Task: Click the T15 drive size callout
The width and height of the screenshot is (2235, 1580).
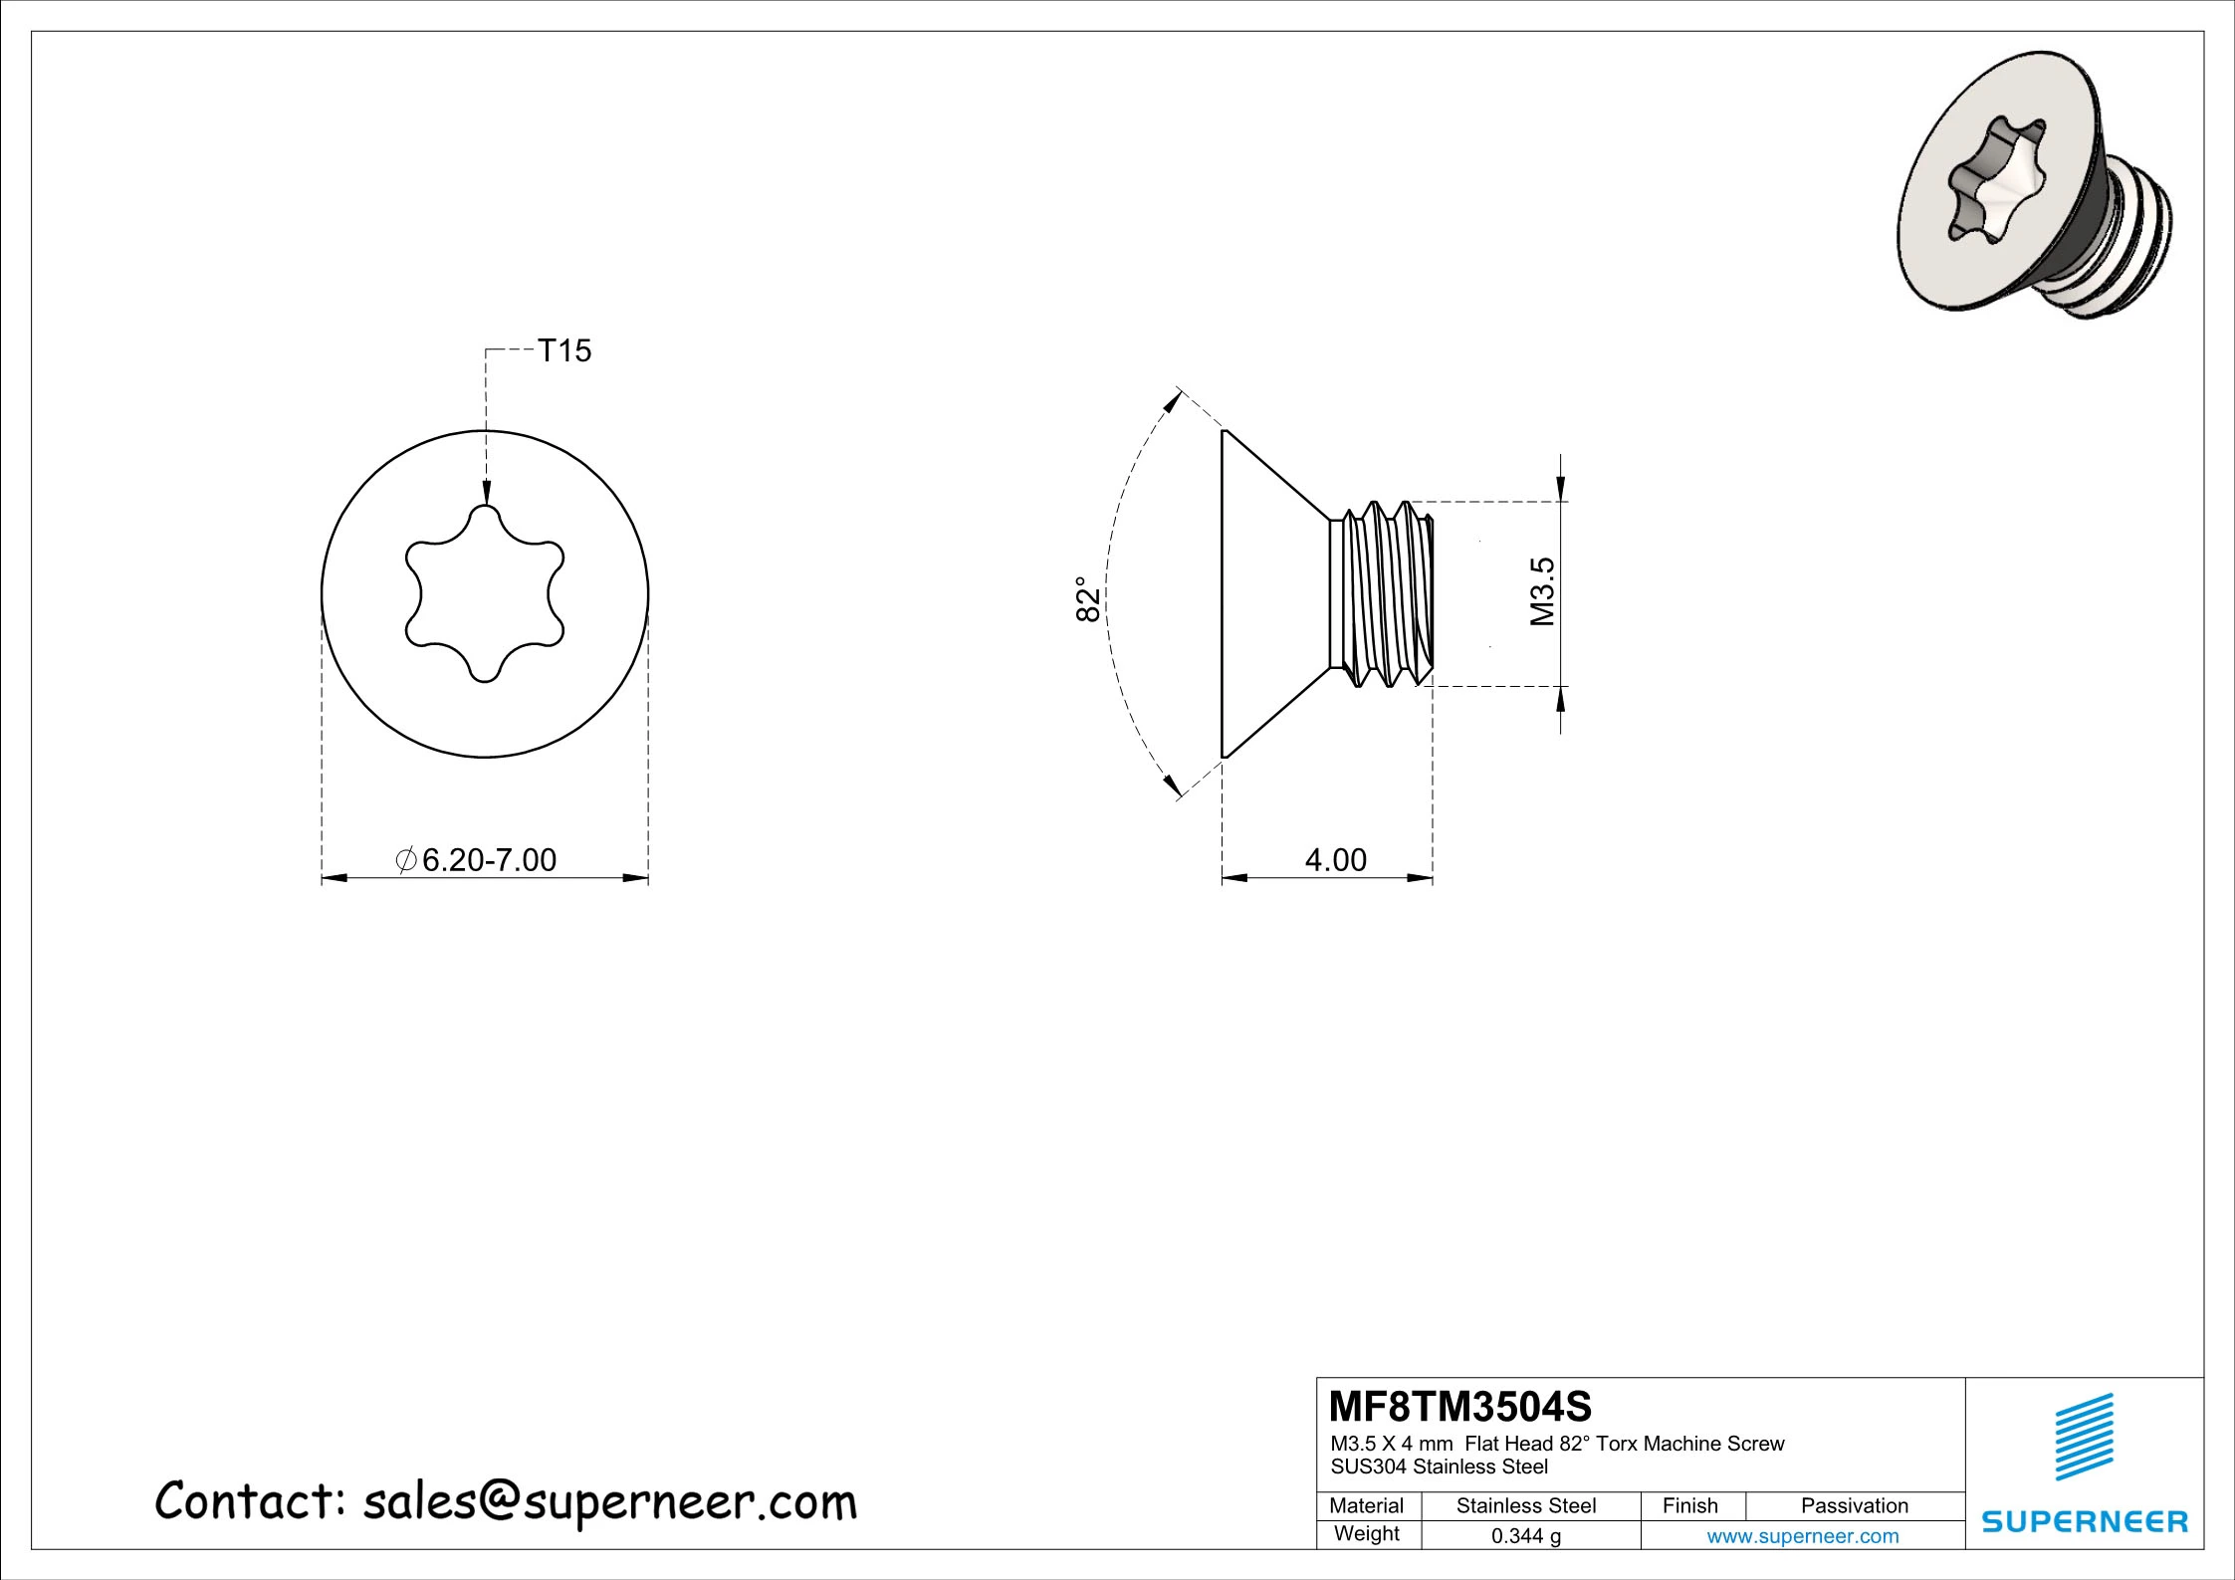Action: [x=563, y=350]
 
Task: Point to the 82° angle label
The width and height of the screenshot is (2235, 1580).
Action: [x=1088, y=598]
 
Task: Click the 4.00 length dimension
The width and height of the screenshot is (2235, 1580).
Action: [x=1335, y=859]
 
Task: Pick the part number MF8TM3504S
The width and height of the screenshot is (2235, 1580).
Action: [x=1460, y=1407]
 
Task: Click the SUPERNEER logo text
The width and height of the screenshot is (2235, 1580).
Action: [x=2085, y=1522]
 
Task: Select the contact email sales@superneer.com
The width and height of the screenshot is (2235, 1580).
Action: [x=609, y=1502]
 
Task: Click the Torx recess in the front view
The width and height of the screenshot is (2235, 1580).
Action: [x=485, y=594]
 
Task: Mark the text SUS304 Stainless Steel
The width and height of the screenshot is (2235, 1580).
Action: [x=1439, y=1467]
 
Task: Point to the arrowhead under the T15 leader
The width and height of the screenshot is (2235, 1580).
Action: [x=485, y=494]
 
